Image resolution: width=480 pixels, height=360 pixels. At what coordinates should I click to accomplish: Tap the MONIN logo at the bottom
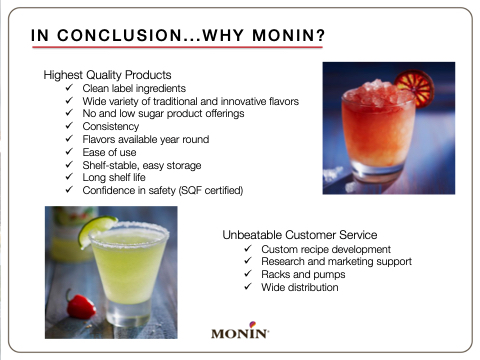tap(240, 330)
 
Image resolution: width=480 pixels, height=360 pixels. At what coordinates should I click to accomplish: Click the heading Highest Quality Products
tap(107, 75)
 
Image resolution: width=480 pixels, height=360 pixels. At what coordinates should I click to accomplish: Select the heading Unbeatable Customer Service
tap(300, 235)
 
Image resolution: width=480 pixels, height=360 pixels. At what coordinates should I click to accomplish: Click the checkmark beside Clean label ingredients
tap(69, 88)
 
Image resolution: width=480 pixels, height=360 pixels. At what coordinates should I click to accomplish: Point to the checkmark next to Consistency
tap(69, 126)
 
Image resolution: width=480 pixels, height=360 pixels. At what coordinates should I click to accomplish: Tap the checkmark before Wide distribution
tap(248, 286)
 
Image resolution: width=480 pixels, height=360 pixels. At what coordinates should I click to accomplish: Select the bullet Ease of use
tap(109, 152)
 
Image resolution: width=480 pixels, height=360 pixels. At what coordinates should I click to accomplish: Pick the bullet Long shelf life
tap(114, 177)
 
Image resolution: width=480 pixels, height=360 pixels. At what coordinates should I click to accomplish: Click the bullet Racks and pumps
tap(303, 274)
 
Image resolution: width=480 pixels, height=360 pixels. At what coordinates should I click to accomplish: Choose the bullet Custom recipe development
tap(326, 249)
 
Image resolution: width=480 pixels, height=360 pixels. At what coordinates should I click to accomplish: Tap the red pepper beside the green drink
tap(81, 306)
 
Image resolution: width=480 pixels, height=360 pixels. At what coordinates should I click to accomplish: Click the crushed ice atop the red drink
tap(378, 92)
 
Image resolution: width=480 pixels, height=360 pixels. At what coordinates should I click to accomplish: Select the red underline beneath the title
tap(177, 47)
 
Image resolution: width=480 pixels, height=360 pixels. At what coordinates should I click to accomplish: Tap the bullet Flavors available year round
tap(146, 139)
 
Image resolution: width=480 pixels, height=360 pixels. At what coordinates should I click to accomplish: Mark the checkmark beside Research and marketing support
tap(248, 260)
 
